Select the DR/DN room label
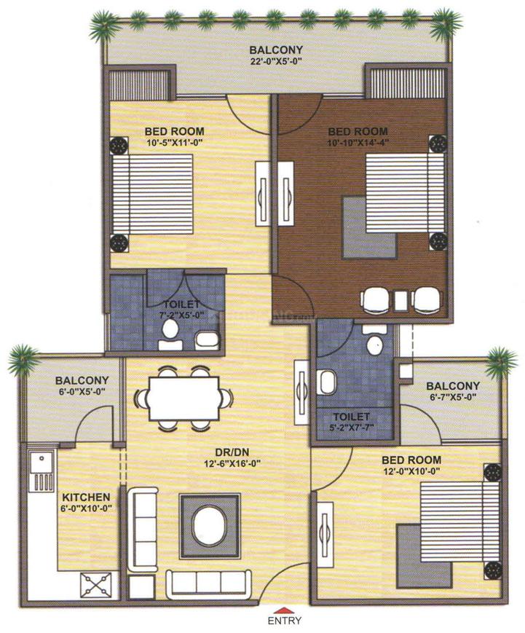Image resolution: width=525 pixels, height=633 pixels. (236, 452)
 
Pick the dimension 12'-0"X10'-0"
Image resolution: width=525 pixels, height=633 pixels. (411, 471)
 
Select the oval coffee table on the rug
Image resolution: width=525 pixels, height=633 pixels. (210, 527)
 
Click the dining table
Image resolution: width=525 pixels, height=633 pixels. (183, 398)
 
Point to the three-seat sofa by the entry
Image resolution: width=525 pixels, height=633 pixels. (206, 583)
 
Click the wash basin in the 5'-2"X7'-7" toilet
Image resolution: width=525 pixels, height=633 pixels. (328, 381)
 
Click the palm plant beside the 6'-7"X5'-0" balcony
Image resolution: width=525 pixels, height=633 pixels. (501, 360)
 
